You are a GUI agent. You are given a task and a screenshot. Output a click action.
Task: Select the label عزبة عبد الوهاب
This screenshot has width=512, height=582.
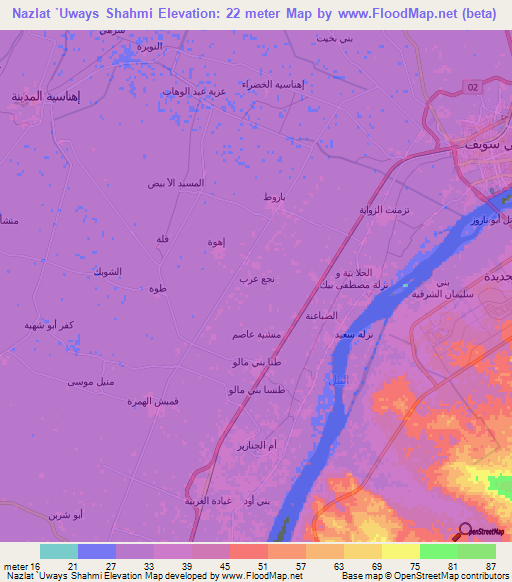[x=197, y=91]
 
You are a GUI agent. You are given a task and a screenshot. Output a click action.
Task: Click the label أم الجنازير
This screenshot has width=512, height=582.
[x=255, y=444]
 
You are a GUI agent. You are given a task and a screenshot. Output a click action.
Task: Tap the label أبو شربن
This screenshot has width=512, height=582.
[x=66, y=516]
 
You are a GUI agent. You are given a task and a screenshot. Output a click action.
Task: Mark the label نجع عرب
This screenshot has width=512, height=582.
[x=256, y=279]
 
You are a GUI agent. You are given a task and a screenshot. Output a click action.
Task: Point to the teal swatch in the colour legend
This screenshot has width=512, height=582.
[x=59, y=551]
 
